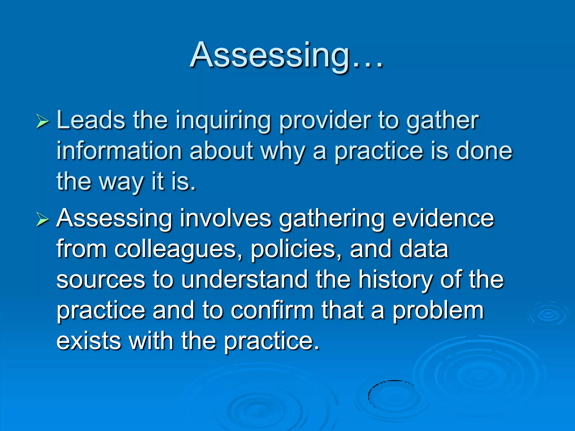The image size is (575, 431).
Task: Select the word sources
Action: click(x=101, y=280)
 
